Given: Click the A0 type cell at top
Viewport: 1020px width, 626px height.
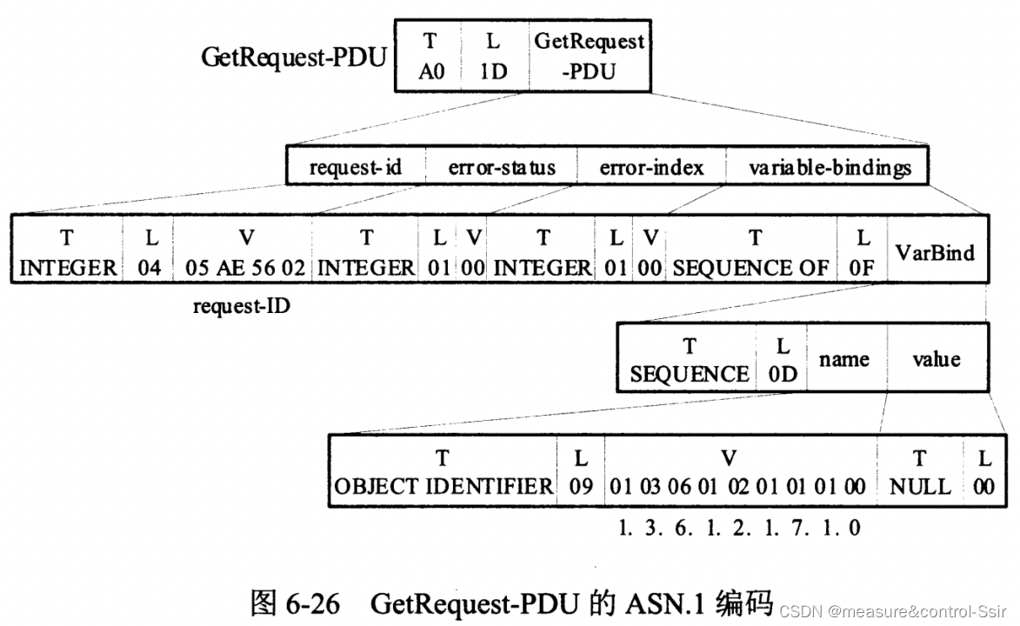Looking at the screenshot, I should [x=430, y=56].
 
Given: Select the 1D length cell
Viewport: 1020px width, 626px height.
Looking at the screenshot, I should [x=493, y=56].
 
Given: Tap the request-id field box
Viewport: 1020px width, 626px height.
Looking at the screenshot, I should [x=356, y=168].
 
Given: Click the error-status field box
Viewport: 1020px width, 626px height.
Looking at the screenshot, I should [x=501, y=168].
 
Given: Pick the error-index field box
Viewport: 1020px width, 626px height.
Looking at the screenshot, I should [x=651, y=168].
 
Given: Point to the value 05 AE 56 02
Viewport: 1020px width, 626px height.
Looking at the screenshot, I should [x=245, y=268].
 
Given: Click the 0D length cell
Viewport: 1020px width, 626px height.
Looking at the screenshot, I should [x=783, y=360].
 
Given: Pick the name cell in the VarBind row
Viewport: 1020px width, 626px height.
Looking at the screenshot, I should [x=844, y=359].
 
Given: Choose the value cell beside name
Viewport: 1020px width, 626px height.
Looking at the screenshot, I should [x=936, y=359].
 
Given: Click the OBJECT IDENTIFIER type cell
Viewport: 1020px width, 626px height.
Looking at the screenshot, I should [x=443, y=471].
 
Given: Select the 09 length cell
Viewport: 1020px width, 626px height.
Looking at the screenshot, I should [x=580, y=471].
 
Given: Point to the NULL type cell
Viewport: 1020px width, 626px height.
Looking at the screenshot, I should [x=920, y=471].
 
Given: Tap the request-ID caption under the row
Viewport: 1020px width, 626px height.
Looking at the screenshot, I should [x=241, y=305].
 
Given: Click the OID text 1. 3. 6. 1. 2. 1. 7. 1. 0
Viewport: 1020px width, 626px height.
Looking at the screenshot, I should [x=739, y=528].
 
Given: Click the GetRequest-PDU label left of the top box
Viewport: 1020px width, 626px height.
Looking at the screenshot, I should [x=294, y=57].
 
